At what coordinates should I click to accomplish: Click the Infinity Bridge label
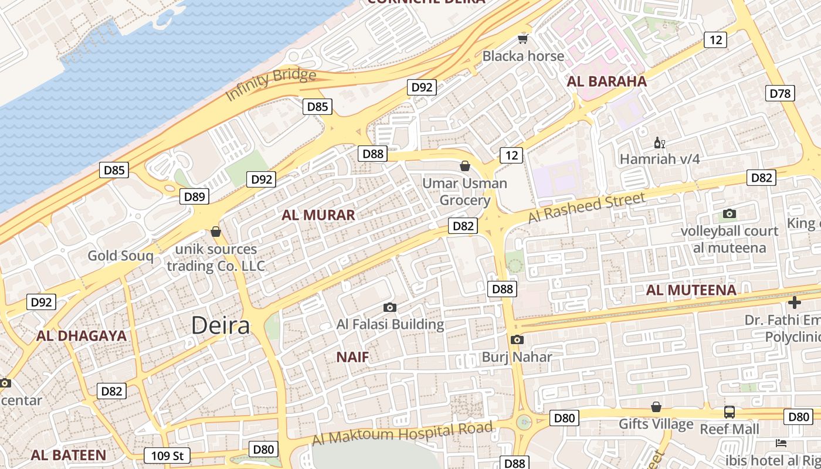coord(270,84)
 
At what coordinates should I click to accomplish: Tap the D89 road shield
coord(194,196)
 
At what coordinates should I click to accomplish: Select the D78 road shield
coord(780,93)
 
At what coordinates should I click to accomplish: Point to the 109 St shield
coord(167,456)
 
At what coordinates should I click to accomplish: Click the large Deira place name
coord(220,325)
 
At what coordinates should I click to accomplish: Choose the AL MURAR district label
coord(318,215)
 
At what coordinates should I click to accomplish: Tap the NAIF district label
coord(352,357)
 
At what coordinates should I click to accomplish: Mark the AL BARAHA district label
coord(606,81)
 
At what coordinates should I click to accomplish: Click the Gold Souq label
coord(120,256)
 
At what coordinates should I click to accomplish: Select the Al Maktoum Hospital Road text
coord(402,434)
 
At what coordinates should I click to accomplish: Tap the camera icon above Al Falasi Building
coord(389,307)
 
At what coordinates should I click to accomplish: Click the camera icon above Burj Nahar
coord(517,339)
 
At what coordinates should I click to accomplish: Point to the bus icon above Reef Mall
coord(729,412)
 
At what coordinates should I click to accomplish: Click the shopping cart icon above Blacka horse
coord(523,39)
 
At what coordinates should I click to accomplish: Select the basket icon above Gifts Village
coord(656,407)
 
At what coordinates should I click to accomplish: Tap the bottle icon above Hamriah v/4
coord(659,142)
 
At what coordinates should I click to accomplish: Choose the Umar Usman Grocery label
coord(464,192)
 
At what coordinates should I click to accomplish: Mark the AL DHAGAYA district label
coord(82,336)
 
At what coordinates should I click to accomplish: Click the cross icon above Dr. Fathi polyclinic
coord(795,303)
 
